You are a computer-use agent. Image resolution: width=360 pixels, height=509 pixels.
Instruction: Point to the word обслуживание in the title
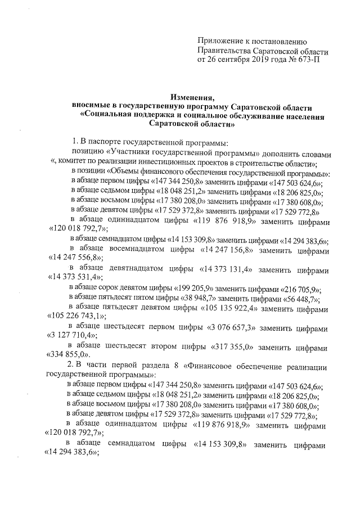tap(258, 116)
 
